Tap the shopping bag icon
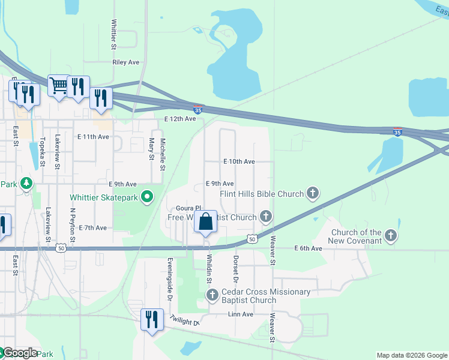coord(205,221)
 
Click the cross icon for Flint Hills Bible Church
coord(312,193)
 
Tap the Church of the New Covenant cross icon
coord(391,235)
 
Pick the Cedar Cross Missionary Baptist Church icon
coord(212,295)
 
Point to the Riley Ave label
coord(125,62)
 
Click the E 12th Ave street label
coord(180,119)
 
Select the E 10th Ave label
coord(239,162)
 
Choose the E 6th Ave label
coord(309,248)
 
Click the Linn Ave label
coord(241,314)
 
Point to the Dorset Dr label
coord(235,269)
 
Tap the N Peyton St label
coord(72,226)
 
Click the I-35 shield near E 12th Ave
coord(198,109)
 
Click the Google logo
coord(19,353)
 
